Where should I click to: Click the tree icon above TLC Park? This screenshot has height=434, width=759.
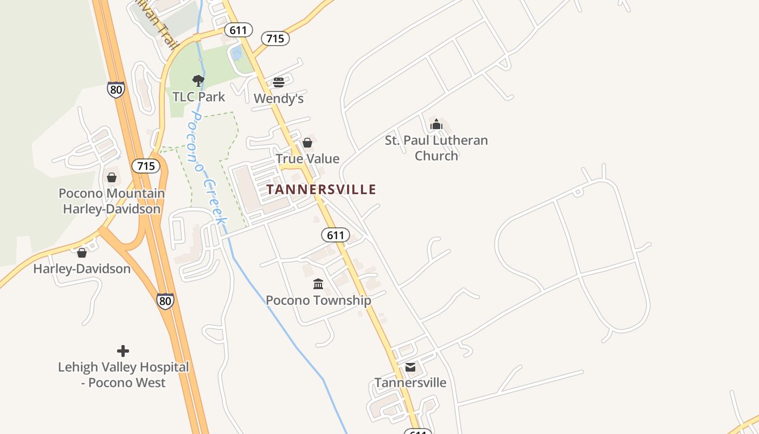pyautogui.click(x=198, y=81)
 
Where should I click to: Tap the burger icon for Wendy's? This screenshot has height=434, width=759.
pyautogui.click(x=279, y=82)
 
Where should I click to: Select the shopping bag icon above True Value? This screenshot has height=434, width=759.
pyautogui.click(x=307, y=143)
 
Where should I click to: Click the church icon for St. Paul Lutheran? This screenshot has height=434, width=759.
pyautogui.click(x=436, y=124)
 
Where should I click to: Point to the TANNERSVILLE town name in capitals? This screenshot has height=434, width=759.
pyautogui.click(x=321, y=189)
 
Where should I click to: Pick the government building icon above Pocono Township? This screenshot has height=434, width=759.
pyautogui.click(x=318, y=284)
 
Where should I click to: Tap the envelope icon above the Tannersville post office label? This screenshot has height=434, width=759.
pyautogui.click(x=410, y=367)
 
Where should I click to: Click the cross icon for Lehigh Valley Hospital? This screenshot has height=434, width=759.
pyautogui.click(x=123, y=351)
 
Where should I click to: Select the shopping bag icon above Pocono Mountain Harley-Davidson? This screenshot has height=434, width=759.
pyautogui.click(x=112, y=177)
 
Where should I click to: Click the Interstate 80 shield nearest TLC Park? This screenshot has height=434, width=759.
pyautogui.click(x=115, y=90)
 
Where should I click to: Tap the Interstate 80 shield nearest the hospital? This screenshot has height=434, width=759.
pyautogui.click(x=166, y=301)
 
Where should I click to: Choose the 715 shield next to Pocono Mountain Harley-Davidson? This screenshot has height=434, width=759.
pyautogui.click(x=146, y=166)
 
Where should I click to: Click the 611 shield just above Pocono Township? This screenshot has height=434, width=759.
pyautogui.click(x=336, y=235)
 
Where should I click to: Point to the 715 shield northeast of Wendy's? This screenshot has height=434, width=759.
pyautogui.click(x=275, y=39)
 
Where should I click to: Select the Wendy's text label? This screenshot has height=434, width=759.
pyautogui.click(x=279, y=99)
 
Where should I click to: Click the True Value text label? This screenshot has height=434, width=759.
pyautogui.click(x=307, y=159)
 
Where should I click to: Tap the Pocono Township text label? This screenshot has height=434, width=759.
pyautogui.click(x=318, y=300)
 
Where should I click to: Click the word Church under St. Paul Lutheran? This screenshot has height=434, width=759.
pyautogui.click(x=436, y=156)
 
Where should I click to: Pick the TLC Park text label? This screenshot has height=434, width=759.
pyautogui.click(x=198, y=97)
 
